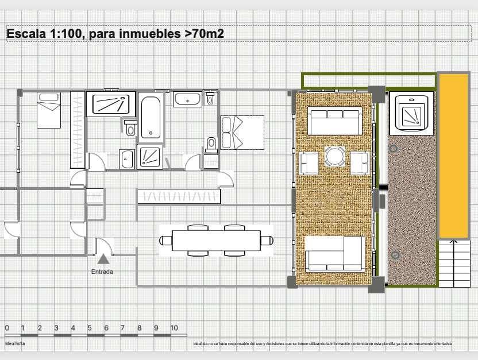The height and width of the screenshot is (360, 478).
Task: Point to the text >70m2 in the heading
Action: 204,34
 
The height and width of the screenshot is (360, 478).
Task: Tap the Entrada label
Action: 102,272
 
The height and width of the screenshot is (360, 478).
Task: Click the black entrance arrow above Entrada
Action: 103,259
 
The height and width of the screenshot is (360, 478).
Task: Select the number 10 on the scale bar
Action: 174,328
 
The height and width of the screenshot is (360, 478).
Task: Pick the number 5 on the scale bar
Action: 90,328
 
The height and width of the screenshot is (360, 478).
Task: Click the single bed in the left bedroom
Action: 49,110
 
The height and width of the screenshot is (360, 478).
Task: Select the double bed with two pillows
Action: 242,133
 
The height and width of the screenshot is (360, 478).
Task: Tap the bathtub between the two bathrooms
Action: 151,118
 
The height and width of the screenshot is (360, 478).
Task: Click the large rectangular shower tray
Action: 111,104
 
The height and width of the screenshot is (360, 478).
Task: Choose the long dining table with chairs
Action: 216,240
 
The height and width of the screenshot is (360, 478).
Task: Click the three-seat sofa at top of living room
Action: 334,121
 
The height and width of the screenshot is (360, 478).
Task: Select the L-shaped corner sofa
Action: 334,253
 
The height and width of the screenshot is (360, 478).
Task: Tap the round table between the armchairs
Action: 335,157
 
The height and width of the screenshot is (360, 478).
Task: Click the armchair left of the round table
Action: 309,163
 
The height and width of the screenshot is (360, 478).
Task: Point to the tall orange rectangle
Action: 453,155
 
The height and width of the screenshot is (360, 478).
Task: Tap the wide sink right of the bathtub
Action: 188,100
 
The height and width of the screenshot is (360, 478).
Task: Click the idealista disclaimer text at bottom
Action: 322,344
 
